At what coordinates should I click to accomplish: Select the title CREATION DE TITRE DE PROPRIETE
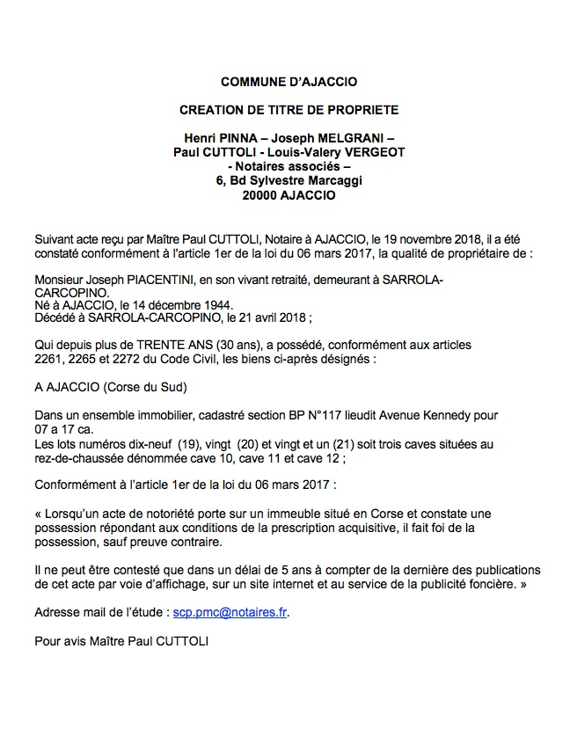[x=289, y=110]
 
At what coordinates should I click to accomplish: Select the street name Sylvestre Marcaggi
[x=306, y=180]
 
